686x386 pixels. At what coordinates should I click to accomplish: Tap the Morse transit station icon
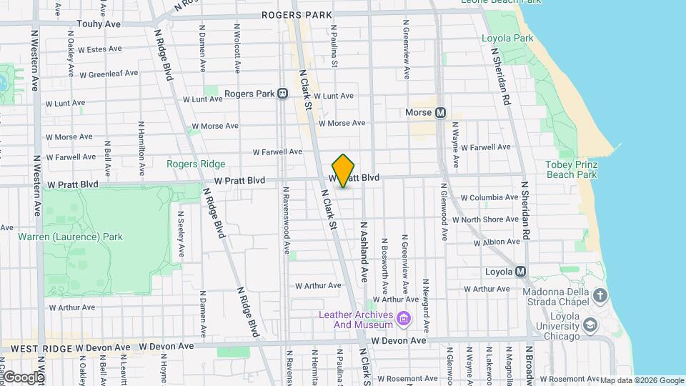click(440, 113)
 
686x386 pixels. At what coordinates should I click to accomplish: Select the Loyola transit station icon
click(520, 272)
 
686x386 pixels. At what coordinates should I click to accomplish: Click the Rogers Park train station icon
click(283, 94)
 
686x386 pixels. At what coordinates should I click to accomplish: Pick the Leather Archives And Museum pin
click(404, 317)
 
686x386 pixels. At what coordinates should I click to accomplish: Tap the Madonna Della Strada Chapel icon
click(600, 295)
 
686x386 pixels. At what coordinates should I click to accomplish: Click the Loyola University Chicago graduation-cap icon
click(590, 326)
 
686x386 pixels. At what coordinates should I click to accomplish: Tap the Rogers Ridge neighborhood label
click(196, 164)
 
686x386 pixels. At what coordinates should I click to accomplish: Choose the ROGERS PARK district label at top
click(297, 14)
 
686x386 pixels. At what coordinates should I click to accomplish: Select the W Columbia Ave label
click(489, 197)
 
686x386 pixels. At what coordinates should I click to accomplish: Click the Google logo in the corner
click(23, 377)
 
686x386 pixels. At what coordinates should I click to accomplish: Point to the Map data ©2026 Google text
click(641, 380)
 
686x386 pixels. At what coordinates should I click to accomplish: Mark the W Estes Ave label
click(100, 49)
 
